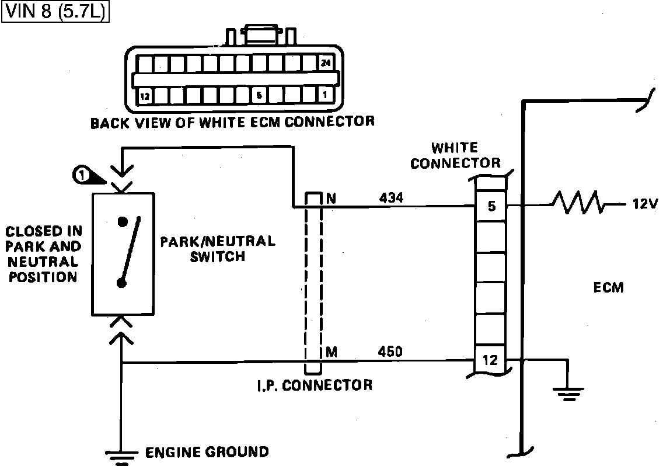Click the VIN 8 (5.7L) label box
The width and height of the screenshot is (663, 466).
point(56,11)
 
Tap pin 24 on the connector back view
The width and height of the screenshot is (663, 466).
point(325,63)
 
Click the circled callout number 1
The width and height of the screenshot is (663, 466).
point(81,174)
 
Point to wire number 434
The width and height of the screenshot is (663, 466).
point(390,199)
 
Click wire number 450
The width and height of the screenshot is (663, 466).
point(390,352)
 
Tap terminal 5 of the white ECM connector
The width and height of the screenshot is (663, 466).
point(491,206)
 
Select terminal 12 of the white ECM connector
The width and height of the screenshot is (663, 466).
point(490,360)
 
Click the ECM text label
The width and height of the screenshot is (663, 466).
point(608,287)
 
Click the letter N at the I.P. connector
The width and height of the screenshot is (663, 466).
point(331,199)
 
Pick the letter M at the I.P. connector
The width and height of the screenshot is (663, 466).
point(331,352)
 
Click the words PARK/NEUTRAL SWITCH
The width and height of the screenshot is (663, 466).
point(217,249)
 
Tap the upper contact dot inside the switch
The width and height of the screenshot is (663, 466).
point(122,222)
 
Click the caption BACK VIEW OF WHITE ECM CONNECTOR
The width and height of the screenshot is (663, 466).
point(232,123)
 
